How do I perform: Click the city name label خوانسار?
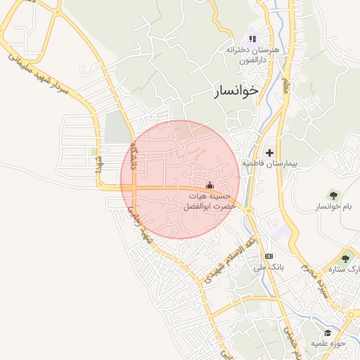pyautogui.click(x=235, y=91)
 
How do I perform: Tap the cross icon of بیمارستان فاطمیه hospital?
pyautogui.click(x=269, y=152)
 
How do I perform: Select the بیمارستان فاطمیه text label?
pyautogui.click(x=271, y=163)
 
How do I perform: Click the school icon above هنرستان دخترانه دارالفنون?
pyautogui.click(x=252, y=39)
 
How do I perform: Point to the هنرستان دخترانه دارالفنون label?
pyautogui.click(x=252, y=56)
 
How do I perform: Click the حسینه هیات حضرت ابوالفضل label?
pyautogui.click(x=204, y=202)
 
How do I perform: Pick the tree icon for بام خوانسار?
pyautogui.click(x=333, y=195)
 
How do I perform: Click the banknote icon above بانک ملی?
pyautogui.click(x=269, y=255)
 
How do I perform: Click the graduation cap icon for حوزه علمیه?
pyautogui.click(x=328, y=332)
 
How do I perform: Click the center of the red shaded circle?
pyautogui.click(x=180, y=179)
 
